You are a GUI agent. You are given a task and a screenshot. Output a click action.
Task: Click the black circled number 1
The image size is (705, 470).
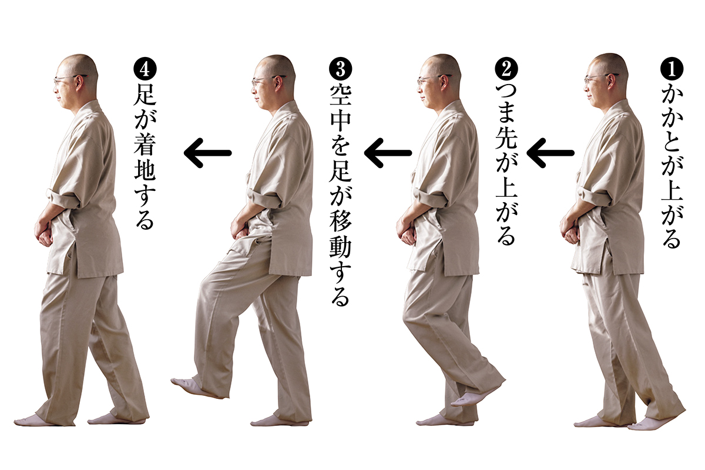672,69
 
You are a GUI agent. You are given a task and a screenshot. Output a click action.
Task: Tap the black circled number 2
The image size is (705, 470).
506,69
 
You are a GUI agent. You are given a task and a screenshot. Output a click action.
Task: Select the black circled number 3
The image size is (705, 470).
340,69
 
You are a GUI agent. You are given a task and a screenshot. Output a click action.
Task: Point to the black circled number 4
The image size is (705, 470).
145,69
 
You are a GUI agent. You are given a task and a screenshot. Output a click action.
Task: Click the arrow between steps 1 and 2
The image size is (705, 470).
550,153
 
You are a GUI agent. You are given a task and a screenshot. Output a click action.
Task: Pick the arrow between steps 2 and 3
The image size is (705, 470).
388,153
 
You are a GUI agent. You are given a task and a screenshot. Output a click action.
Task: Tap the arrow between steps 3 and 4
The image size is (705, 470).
208,153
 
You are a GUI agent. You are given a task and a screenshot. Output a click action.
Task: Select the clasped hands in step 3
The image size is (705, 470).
241,227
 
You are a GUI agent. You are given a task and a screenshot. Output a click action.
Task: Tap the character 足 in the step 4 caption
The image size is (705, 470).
145,95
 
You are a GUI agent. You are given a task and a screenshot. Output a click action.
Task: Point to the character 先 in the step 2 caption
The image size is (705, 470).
506,139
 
